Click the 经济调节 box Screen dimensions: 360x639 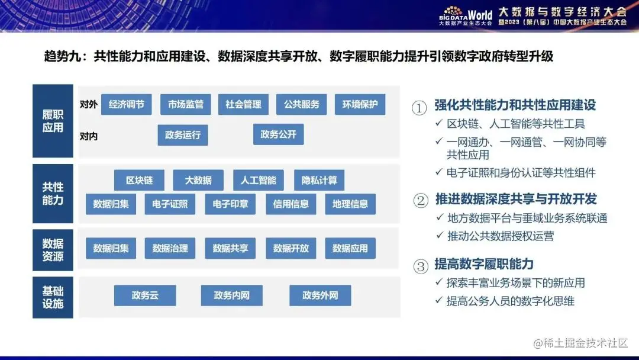tap(126, 104)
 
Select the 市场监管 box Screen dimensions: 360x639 tap(185, 104)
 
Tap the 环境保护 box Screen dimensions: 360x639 tap(360, 104)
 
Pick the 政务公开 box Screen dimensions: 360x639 tap(278, 134)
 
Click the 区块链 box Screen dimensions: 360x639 tap(139, 180)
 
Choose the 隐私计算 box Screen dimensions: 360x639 tap(319, 180)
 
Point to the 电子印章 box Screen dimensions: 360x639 tap(230, 204)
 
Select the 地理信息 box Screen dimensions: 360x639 tap(350, 204)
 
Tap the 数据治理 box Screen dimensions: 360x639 tap(170, 248)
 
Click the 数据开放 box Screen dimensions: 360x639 tap(291, 248)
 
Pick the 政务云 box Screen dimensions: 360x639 tap(145, 295)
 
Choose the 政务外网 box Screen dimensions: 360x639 tap(320, 295)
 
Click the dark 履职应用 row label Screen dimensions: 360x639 tap(53, 121)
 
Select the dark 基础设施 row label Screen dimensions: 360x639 tap(53, 297)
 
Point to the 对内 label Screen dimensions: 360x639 tap(89, 137)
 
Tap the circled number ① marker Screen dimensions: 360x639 tap(419, 108)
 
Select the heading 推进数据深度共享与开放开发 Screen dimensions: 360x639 tap(515, 198)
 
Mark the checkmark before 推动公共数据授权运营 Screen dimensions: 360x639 tap(440, 236)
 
